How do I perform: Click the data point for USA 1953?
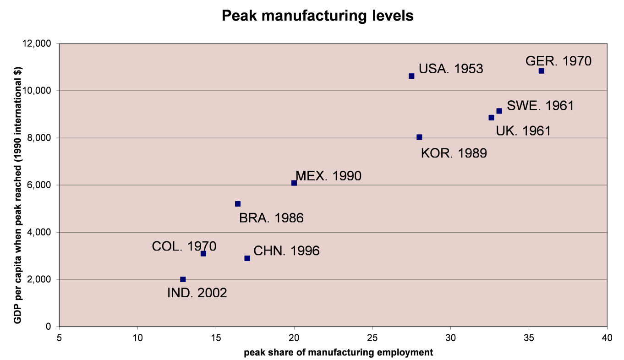pos(411,76)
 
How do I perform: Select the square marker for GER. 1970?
pos(541,71)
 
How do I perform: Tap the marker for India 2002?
pos(183,279)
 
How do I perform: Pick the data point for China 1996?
pos(247,258)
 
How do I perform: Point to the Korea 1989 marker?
pos(419,137)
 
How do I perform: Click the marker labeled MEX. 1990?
pos(294,183)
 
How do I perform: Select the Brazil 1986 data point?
pos(238,204)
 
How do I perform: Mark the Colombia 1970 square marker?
pos(203,253)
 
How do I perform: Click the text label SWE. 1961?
pos(540,105)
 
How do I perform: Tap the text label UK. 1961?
pos(523,131)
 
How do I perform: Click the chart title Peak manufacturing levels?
pos(317,16)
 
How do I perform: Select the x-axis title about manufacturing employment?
pos(338,352)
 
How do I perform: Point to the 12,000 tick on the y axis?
pos(39,44)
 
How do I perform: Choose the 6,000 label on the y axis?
pos(41,185)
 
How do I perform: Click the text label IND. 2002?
pos(197,293)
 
